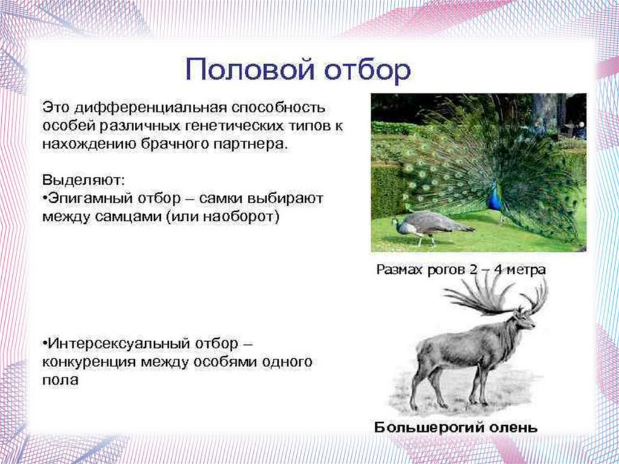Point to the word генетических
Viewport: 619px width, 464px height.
[x=226, y=127]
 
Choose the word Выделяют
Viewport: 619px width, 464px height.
[x=83, y=180]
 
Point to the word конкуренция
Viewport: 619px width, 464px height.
[x=89, y=362]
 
